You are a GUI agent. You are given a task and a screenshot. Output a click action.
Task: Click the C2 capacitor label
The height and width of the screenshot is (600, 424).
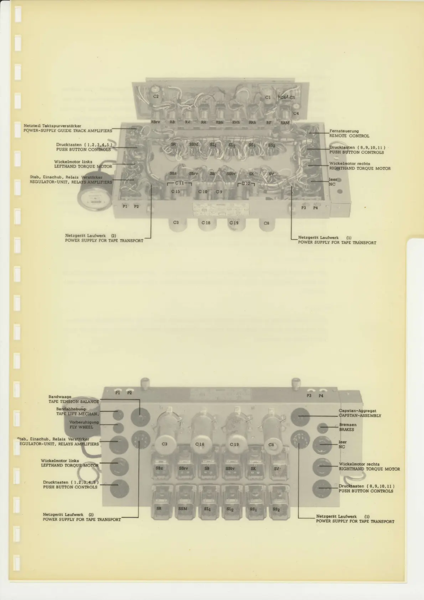(x=156, y=97)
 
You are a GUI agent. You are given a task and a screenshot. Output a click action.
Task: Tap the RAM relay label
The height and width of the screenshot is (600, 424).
(x=285, y=123)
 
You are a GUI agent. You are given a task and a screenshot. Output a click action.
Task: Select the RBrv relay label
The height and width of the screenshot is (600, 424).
(x=155, y=122)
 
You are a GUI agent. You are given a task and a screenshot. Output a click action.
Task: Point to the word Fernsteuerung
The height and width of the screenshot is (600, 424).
(x=344, y=131)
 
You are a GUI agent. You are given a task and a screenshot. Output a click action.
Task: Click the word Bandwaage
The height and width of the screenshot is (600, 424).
(x=60, y=397)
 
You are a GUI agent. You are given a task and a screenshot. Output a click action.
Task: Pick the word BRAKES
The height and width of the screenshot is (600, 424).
(x=347, y=430)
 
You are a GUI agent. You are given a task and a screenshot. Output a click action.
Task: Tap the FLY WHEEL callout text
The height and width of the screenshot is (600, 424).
(x=81, y=427)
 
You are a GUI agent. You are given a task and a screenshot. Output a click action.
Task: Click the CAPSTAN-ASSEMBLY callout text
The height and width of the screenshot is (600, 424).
(x=360, y=416)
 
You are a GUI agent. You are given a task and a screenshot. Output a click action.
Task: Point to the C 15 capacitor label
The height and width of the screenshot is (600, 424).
(x=176, y=192)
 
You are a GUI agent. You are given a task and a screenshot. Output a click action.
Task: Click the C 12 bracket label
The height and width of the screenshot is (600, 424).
(x=246, y=184)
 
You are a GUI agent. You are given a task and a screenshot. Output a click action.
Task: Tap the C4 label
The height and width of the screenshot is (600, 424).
(x=296, y=114)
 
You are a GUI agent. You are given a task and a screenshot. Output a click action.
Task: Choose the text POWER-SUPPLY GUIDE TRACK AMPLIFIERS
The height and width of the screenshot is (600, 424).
(x=68, y=131)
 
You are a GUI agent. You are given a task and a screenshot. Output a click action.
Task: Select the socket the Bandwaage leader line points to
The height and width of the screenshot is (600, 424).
(x=140, y=417)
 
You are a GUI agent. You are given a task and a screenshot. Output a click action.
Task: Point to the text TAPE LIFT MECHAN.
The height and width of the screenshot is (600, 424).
(x=77, y=414)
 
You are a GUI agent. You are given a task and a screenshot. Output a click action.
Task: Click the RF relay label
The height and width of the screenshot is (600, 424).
(x=269, y=123)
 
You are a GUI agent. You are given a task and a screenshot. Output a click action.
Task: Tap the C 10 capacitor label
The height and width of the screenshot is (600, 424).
(x=203, y=192)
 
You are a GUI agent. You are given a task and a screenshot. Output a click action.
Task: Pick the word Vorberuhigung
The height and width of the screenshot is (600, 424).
(x=84, y=422)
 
